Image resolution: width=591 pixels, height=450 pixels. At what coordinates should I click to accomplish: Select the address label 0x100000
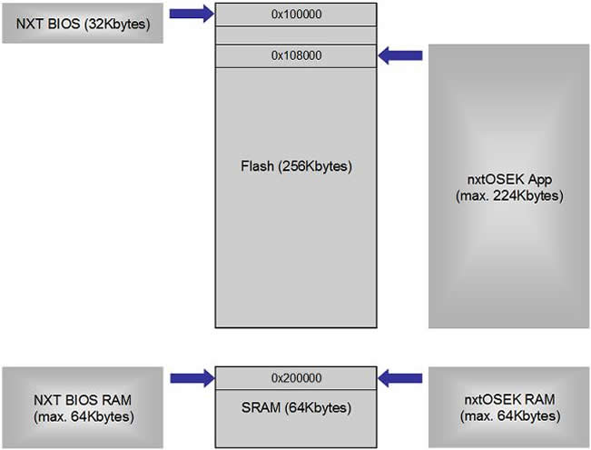tap(295, 15)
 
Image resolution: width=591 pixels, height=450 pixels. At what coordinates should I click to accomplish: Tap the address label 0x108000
tap(295, 56)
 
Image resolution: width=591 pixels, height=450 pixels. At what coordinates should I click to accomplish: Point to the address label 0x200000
tap(295, 376)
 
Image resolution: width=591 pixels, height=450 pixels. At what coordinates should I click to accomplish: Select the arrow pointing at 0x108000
tap(399, 56)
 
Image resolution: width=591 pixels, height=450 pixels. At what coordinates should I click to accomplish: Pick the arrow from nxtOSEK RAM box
tap(399, 376)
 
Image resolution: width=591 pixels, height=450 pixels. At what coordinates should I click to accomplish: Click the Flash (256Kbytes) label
tap(295, 166)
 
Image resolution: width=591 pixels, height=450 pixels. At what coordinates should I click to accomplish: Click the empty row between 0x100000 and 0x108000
tap(295, 35)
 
